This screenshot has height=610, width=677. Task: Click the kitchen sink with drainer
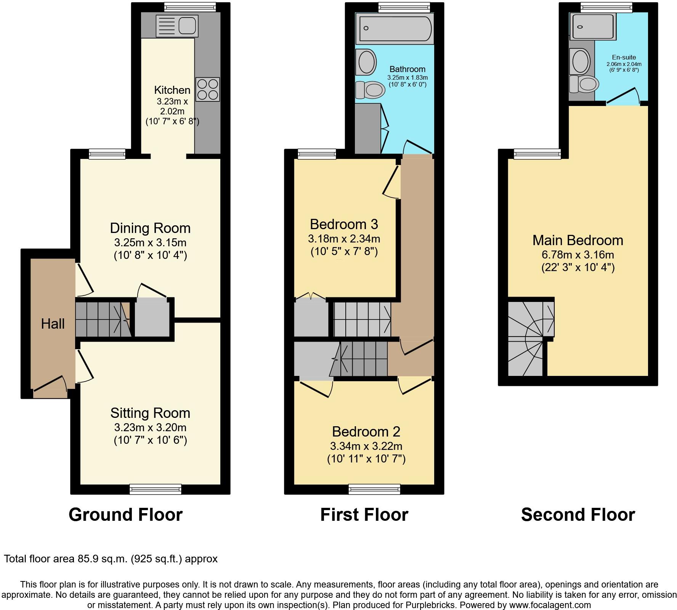point(177,26)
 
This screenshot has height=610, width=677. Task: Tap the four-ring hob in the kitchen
point(207,89)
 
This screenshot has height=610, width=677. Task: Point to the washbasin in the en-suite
point(579,61)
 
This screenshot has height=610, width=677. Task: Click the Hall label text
point(53,324)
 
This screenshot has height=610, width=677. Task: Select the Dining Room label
point(150,228)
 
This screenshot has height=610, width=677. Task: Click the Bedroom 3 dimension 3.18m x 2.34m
point(344,239)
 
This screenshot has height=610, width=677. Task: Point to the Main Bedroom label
point(578,240)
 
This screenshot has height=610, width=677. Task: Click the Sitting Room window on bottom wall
point(156,489)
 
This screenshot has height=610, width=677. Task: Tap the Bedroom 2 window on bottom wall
point(374,489)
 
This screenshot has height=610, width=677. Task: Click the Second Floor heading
point(578,515)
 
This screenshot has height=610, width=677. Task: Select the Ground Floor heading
point(125,515)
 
